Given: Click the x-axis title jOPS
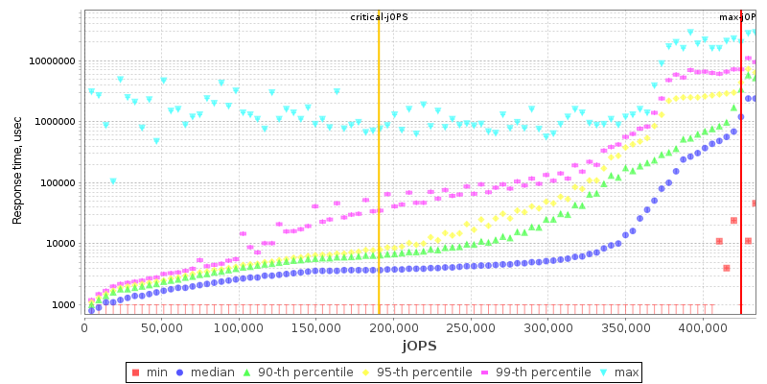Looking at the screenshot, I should [x=420, y=346].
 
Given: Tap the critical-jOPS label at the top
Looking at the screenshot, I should [x=378, y=17].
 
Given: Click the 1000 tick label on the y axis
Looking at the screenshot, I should [x=63, y=305].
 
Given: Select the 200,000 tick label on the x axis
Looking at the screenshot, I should [x=393, y=328].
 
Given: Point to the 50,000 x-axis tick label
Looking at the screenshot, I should [x=162, y=328].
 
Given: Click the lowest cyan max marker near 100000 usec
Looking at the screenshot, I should [x=113, y=180].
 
